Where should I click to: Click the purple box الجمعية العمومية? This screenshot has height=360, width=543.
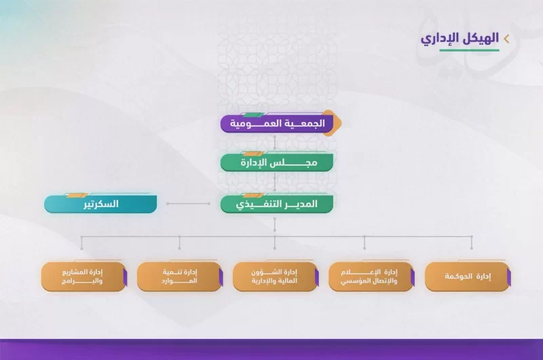point(277,124)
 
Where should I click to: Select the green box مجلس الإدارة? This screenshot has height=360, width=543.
point(277,162)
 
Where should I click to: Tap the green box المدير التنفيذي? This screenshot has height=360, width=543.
point(277,204)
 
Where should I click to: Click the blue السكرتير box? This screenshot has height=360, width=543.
point(100,204)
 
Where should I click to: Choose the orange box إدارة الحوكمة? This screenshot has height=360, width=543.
point(468,276)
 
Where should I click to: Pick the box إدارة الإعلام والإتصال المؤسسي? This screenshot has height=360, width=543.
point(371,276)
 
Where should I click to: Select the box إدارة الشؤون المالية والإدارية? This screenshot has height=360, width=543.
point(276,276)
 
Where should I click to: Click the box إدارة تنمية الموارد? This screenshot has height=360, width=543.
point(179,276)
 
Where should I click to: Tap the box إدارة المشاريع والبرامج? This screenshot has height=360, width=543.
point(83,276)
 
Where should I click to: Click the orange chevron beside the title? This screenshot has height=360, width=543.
point(506,39)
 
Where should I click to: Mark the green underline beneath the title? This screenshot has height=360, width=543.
point(469,50)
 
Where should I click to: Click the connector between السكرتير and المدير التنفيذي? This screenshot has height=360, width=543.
point(188,204)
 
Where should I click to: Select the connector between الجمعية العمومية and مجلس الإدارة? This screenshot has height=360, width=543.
point(275,143)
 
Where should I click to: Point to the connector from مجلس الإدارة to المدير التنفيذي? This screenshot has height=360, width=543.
point(275,183)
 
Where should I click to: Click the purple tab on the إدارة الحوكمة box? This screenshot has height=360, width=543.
point(508,277)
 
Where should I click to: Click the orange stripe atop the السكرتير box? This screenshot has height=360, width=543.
point(76,196)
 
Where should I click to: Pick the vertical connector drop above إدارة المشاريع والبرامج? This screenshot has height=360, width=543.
point(81,242)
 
